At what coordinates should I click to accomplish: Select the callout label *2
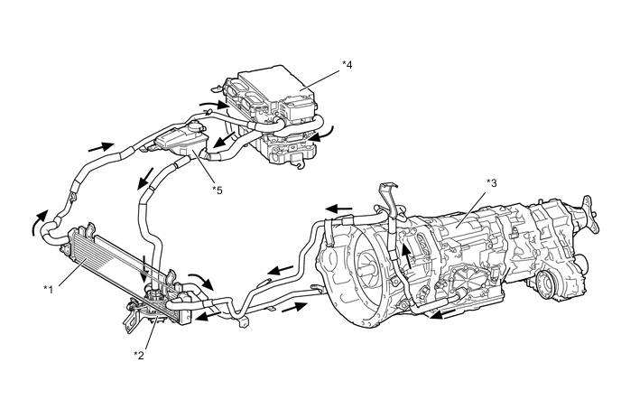point(137,355)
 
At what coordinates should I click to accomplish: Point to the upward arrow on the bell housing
point(407,251)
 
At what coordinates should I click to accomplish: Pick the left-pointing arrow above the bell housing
point(338,209)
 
